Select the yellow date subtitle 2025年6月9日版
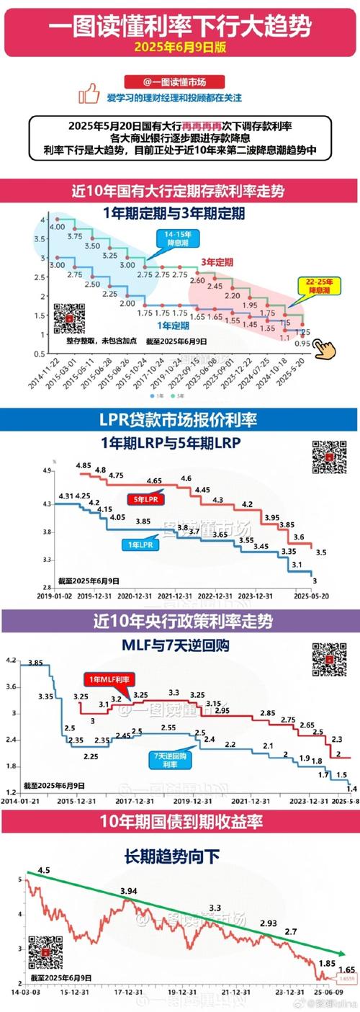point(179,46)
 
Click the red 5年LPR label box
point(148,498)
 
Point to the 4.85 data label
point(83,466)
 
